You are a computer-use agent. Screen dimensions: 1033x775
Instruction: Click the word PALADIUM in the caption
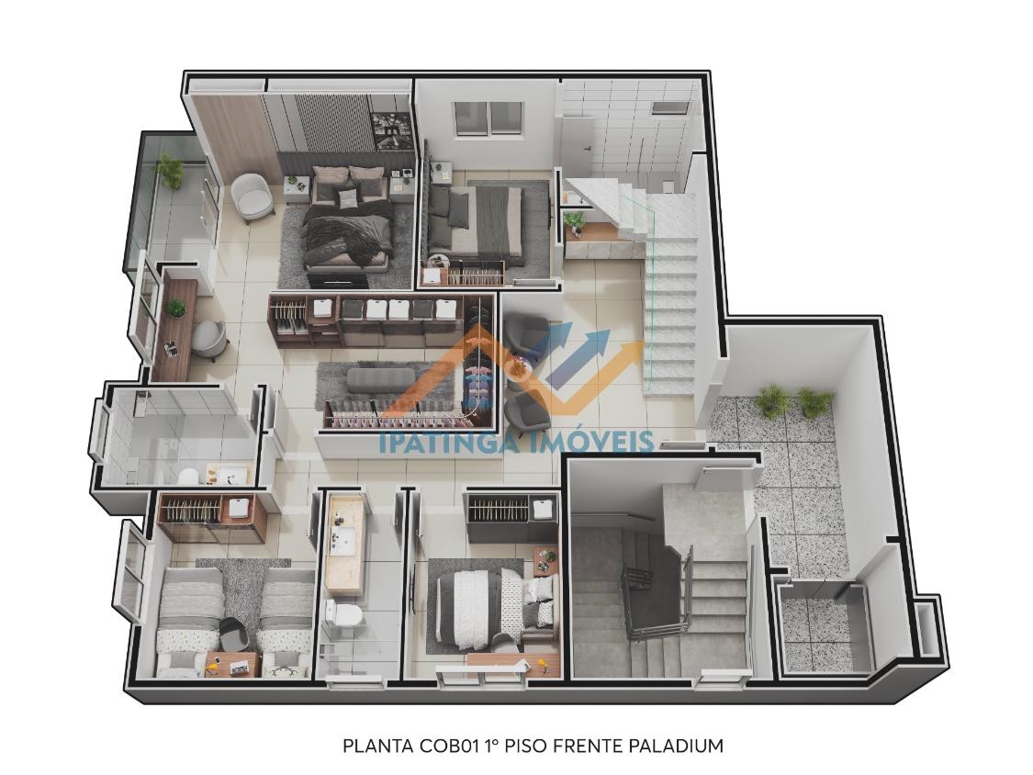pyautogui.click(x=676, y=746)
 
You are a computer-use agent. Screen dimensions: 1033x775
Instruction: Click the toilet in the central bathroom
pyautogui.click(x=344, y=615)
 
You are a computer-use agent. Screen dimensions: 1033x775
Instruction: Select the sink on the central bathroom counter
pyautogui.click(x=343, y=541)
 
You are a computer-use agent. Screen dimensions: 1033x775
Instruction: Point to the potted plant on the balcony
pyautogui.click(x=171, y=172)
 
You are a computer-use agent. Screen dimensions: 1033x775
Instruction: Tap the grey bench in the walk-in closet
pyautogui.click(x=381, y=379)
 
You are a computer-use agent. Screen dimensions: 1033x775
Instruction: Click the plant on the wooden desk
pyautogui.click(x=176, y=309)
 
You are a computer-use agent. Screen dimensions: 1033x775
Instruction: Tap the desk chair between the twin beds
pyautogui.click(x=231, y=634)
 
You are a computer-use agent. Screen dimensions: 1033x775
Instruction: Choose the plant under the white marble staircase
pyautogui.click(x=574, y=220)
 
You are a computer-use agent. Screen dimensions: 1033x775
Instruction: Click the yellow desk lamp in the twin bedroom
pyautogui.click(x=212, y=668)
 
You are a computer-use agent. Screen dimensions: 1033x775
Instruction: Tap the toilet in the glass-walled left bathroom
pyautogui.click(x=187, y=475)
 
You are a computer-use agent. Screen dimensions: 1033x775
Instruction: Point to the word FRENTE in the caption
pyautogui.click(x=588, y=746)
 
